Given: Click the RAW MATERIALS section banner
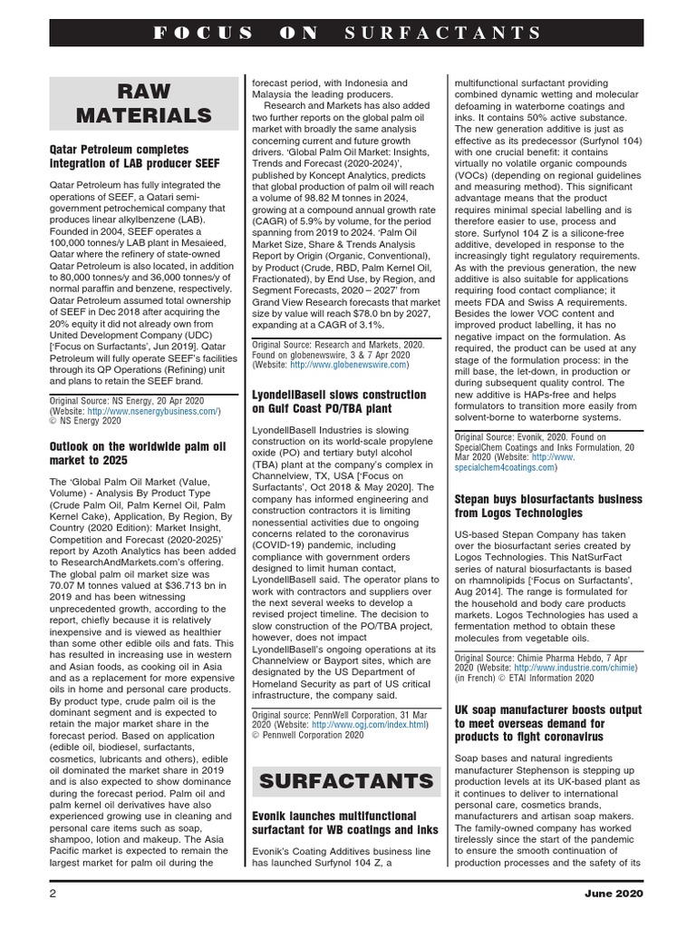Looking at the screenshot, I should (144, 103).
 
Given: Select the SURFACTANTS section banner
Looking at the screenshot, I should (346, 780).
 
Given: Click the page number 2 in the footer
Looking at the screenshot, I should (53, 894).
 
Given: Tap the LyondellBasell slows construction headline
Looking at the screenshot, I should (339, 402).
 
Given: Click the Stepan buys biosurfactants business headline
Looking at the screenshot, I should (548, 506).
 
